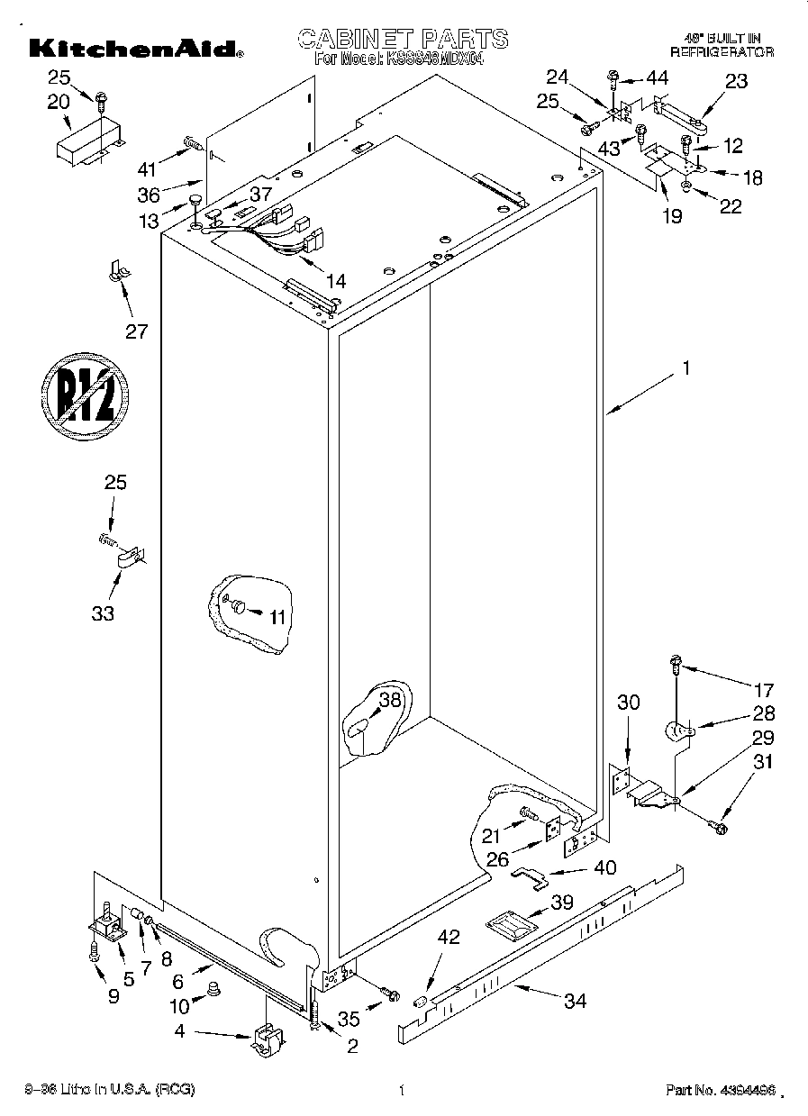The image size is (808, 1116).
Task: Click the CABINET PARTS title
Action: coord(402,39)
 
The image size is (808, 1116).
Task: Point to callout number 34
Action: coord(574,1000)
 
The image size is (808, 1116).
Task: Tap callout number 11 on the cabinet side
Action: coord(277,617)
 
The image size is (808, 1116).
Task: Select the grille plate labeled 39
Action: coord(508,925)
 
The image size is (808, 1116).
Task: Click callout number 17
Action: coord(763,691)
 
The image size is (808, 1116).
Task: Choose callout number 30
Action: coord(628,703)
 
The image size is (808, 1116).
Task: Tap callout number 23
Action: coord(736,81)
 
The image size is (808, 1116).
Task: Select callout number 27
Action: coord(136,331)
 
